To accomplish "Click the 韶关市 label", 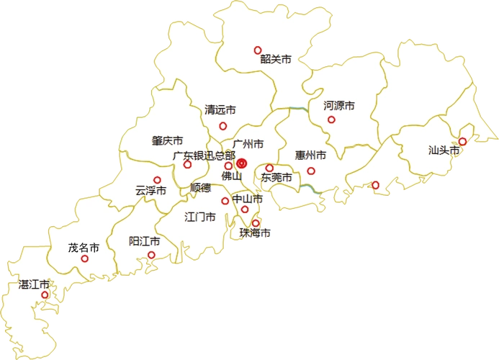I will click(x=276, y=60).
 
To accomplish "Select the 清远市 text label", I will click(x=220, y=110).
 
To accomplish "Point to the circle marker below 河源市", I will click(x=331, y=120).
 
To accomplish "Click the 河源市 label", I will click(x=339, y=105).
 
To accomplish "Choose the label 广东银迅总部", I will click(x=204, y=155).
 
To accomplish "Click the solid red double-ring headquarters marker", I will click(x=242, y=164).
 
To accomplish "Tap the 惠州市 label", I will click(x=310, y=155).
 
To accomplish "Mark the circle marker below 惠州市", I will click(x=311, y=171).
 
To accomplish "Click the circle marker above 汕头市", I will click(x=462, y=141).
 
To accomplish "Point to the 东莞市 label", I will click(x=277, y=177).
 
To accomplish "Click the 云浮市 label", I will click(x=150, y=191).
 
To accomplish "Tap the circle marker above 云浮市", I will click(x=157, y=180).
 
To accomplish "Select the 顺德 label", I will click(x=200, y=188).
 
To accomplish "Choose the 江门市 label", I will click(x=200, y=216).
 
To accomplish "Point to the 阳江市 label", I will click(x=143, y=240).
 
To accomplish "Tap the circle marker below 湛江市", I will click(x=45, y=295).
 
